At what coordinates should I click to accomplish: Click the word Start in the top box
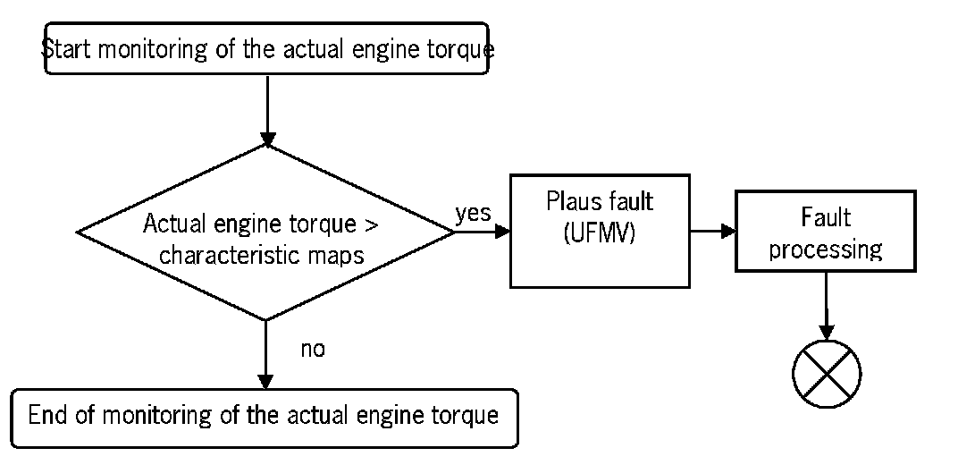pyautogui.click(x=67, y=49)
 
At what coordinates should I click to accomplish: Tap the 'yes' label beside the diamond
pyautogui.click(x=473, y=215)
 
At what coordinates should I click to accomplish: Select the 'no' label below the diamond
pyautogui.click(x=312, y=349)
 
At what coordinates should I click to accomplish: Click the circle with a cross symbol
pyautogui.click(x=827, y=373)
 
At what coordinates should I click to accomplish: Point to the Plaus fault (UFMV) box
pyautogui.click(x=600, y=231)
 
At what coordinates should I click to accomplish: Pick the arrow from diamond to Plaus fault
pyautogui.click(x=483, y=231)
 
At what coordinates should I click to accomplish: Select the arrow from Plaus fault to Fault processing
pyautogui.click(x=711, y=231)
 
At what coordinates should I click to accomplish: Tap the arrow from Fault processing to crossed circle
pyautogui.click(x=825, y=304)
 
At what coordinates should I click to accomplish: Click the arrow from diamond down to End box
pyautogui.click(x=266, y=353)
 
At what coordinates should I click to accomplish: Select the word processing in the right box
pyautogui.click(x=825, y=249)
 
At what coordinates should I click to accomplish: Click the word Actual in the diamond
pyautogui.click(x=172, y=223)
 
